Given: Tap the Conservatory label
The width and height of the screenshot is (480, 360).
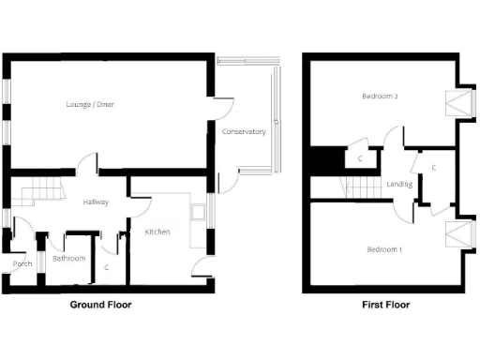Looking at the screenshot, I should pos(244,132).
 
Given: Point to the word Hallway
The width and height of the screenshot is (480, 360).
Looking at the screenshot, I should pos(96,202).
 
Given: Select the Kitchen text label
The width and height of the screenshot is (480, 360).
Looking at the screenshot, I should pos(157,231).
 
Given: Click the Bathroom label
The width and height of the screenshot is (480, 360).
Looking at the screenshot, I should pos(68,259).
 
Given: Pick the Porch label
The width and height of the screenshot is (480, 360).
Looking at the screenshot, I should pos(22,264).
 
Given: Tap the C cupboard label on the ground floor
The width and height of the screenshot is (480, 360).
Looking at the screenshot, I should pos(107,267).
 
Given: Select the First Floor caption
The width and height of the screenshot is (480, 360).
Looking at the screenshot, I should pos(385,305).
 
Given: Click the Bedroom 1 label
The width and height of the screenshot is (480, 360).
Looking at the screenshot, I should pos(384,249).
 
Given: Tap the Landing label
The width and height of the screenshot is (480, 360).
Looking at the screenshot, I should pos(399,185).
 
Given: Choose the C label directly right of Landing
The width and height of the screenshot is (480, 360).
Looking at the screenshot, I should pos(433,168).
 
